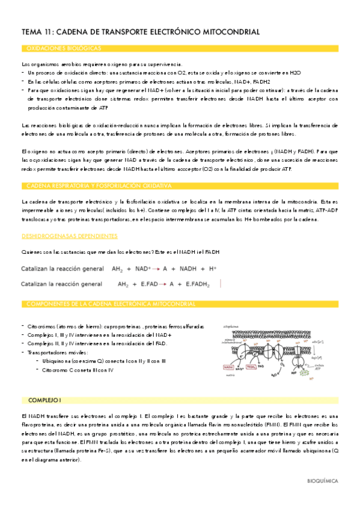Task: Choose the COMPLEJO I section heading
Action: tap(45, 383)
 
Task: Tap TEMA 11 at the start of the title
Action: tap(35, 31)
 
